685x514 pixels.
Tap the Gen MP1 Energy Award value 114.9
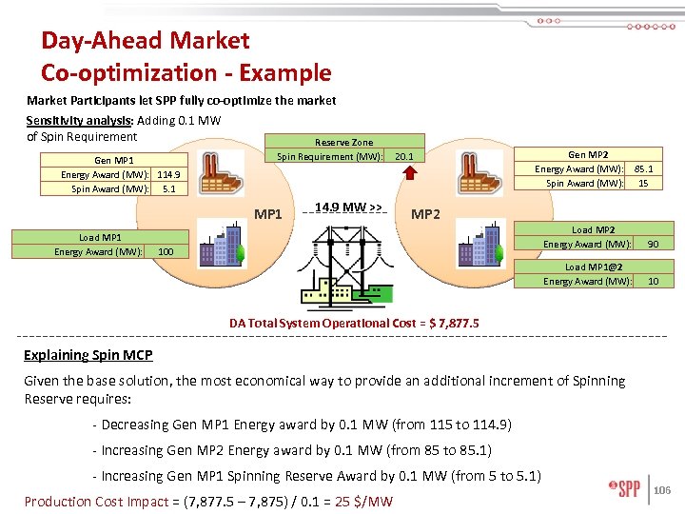[x=168, y=174]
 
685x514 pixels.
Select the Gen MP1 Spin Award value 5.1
[x=168, y=188]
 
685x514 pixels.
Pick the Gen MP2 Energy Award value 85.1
[x=643, y=169]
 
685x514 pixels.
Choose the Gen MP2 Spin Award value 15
[x=643, y=183]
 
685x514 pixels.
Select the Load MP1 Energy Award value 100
[x=166, y=251]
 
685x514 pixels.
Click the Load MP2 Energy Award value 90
[x=653, y=245]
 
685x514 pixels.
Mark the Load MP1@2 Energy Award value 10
[x=653, y=281]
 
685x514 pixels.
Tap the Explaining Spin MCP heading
[x=88, y=355]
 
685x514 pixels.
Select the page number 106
[x=663, y=490]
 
